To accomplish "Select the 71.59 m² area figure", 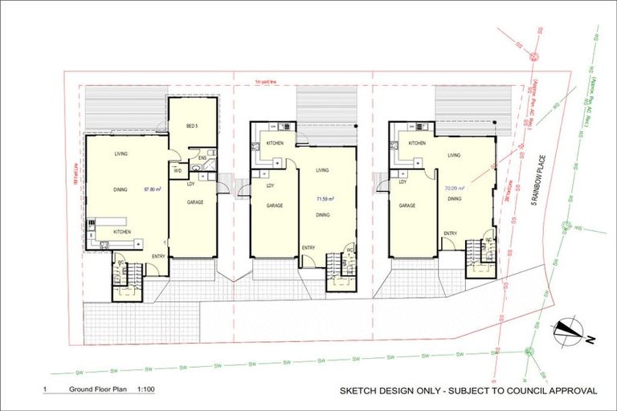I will [325, 197].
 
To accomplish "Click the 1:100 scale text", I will [145, 391].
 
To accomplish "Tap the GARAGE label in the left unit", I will [194, 203].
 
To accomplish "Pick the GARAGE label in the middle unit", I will [276, 205].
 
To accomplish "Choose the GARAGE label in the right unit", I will [407, 205].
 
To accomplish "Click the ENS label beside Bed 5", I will [203, 158].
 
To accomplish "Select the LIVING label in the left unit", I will [122, 153].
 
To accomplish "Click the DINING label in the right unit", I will [454, 198].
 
